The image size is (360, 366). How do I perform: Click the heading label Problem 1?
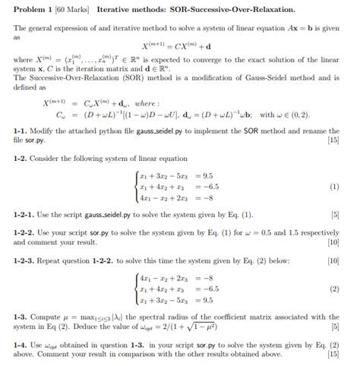tap(31, 8)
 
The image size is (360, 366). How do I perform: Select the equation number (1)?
tap(334, 186)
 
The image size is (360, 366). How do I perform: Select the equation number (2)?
tap(334, 289)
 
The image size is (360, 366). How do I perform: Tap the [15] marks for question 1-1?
tap(332, 141)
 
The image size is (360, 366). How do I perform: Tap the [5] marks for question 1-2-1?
tap(335, 215)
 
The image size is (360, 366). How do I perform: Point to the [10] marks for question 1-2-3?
tap(332, 260)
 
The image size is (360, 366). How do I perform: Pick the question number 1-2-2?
tap(25, 232)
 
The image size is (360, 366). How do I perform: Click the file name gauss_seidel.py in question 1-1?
tap(159, 131)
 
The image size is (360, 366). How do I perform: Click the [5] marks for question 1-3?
tap(335, 329)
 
